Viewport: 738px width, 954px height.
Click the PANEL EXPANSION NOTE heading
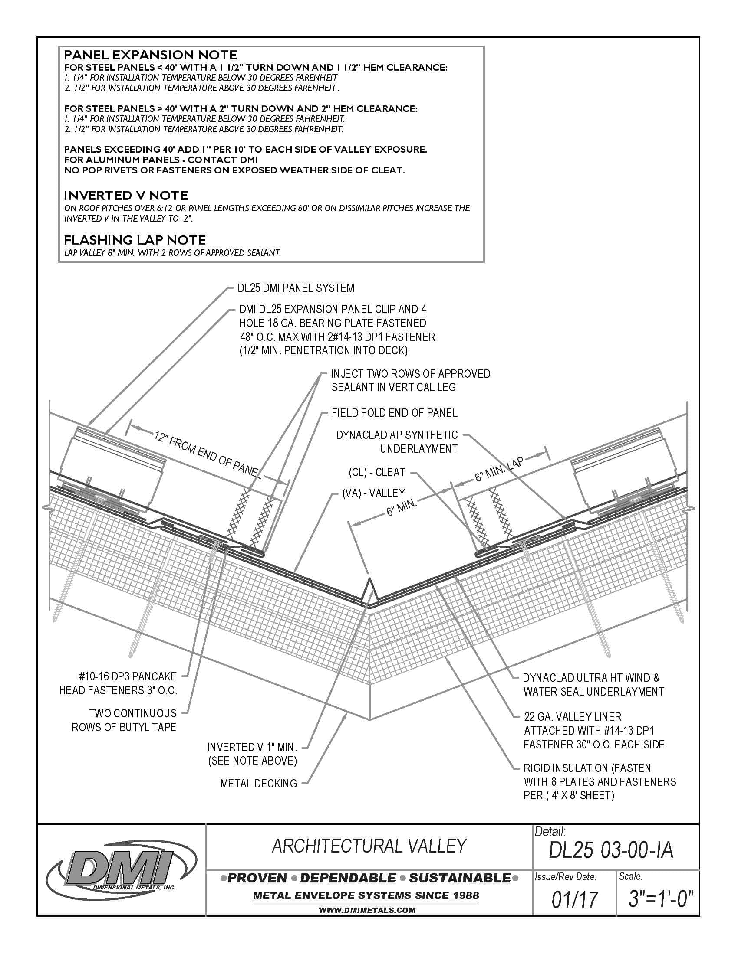150,55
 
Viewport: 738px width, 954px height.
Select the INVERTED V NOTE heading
126,195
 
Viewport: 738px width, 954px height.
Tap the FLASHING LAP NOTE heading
135,240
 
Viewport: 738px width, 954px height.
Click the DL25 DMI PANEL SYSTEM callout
296,288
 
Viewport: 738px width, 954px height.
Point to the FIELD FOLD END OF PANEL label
394,413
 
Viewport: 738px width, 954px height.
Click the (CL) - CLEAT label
377,472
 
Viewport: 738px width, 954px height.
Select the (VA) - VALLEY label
374,493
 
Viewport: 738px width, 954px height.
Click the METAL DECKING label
258,784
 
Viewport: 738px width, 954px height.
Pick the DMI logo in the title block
114,870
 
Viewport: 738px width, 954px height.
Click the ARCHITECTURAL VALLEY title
369,846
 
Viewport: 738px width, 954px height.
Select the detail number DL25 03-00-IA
611,850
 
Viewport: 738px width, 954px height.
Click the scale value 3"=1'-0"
661,899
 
